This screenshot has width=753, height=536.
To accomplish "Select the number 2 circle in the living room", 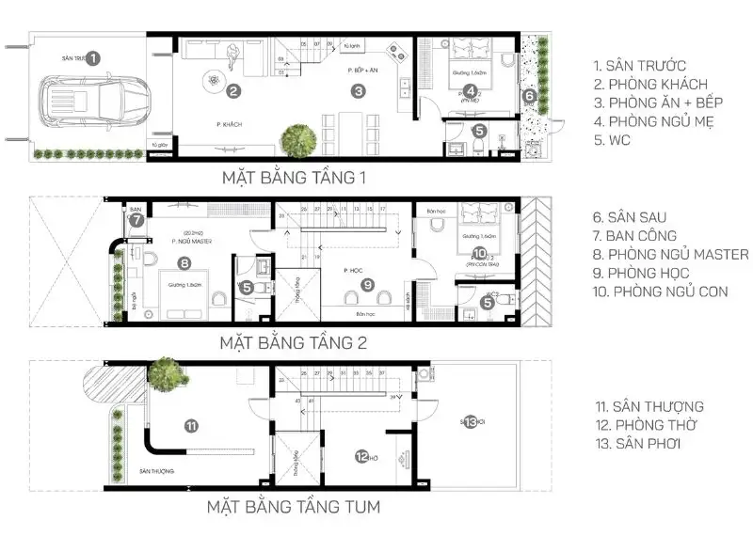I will pyautogui.click(x=233, y=90).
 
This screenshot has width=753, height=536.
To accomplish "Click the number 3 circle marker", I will pyautogui.click(x=358, y=91).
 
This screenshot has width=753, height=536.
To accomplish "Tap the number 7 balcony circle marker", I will pyautogui.click(x=137, y=221).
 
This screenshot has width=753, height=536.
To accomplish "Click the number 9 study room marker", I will pyautogui.click(x=367, y=284).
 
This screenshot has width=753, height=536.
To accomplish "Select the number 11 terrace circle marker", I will pyautogui.click(x=191, y=426).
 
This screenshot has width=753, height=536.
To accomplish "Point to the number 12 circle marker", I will pyautogui.click(x=361, y=457).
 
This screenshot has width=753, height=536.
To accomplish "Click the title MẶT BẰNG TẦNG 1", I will pyautogui.click(x=294, y=177).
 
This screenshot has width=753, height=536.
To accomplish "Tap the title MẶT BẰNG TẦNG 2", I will pyautogui.click(x=294, y=342).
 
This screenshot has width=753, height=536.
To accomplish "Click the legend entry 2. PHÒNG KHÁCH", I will pyautogui.click(x=649, y=85).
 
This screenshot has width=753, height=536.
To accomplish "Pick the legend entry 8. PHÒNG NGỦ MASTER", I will pyautogui.click(x=671, y=255).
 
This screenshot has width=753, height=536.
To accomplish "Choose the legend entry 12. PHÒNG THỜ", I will pyautogui.click(x=645, y=425).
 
